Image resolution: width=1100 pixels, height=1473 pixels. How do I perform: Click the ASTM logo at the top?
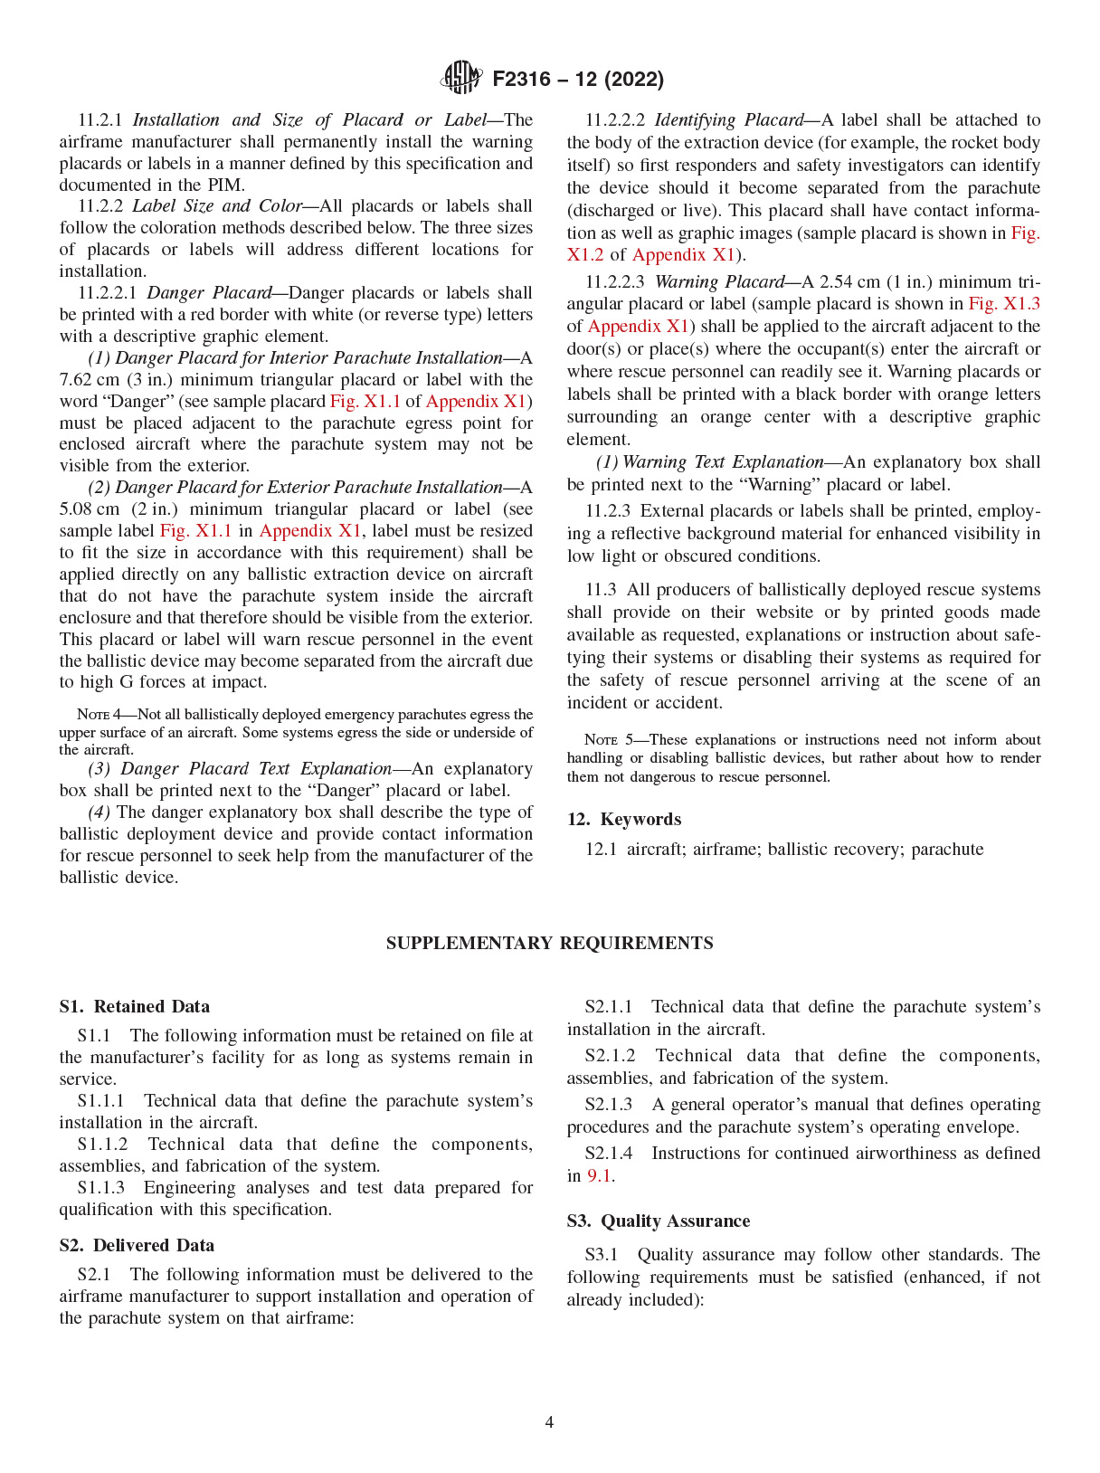(461, 78)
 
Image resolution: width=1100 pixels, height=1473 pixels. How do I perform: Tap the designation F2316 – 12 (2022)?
(578, 80)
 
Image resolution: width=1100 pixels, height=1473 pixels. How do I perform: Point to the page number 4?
(549, 1421)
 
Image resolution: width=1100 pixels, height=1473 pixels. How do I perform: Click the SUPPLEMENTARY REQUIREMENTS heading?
(549, 943)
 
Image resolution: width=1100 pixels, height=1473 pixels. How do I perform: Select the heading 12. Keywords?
(624, 819)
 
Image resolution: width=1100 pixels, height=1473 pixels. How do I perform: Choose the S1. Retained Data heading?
(135, 1006)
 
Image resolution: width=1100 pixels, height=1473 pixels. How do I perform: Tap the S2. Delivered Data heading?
(137, 1245)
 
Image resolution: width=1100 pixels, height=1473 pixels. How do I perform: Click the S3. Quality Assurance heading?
(659, 1221)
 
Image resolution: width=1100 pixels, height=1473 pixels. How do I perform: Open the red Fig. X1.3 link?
(1004, 304)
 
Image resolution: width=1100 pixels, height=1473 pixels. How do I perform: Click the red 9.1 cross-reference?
(599, 1175)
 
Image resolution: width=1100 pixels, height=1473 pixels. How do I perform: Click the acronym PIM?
(226, 185)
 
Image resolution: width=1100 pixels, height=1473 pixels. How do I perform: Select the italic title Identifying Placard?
(728, 119)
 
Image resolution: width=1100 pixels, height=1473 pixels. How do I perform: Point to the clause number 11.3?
(601, 590)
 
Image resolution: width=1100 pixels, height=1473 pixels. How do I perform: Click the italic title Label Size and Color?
(217, 206)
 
